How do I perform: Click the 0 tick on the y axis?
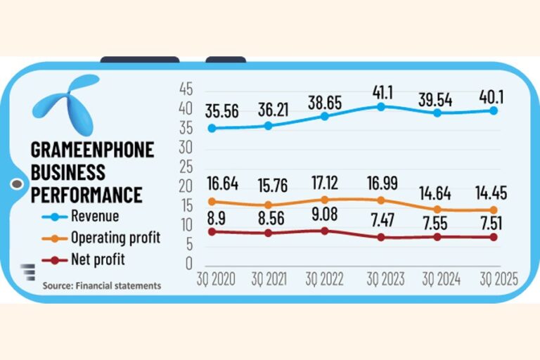(188, 263)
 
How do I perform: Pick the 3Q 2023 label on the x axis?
(384, 279)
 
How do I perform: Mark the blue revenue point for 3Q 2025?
(494, 110)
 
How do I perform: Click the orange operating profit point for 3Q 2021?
(268, 205)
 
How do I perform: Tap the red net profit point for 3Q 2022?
(324, 231)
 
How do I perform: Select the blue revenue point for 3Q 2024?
(437, 112)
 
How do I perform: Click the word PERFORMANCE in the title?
(86, 194)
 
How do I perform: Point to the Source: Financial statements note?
(101, 285)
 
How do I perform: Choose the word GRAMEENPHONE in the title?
(92, 150)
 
